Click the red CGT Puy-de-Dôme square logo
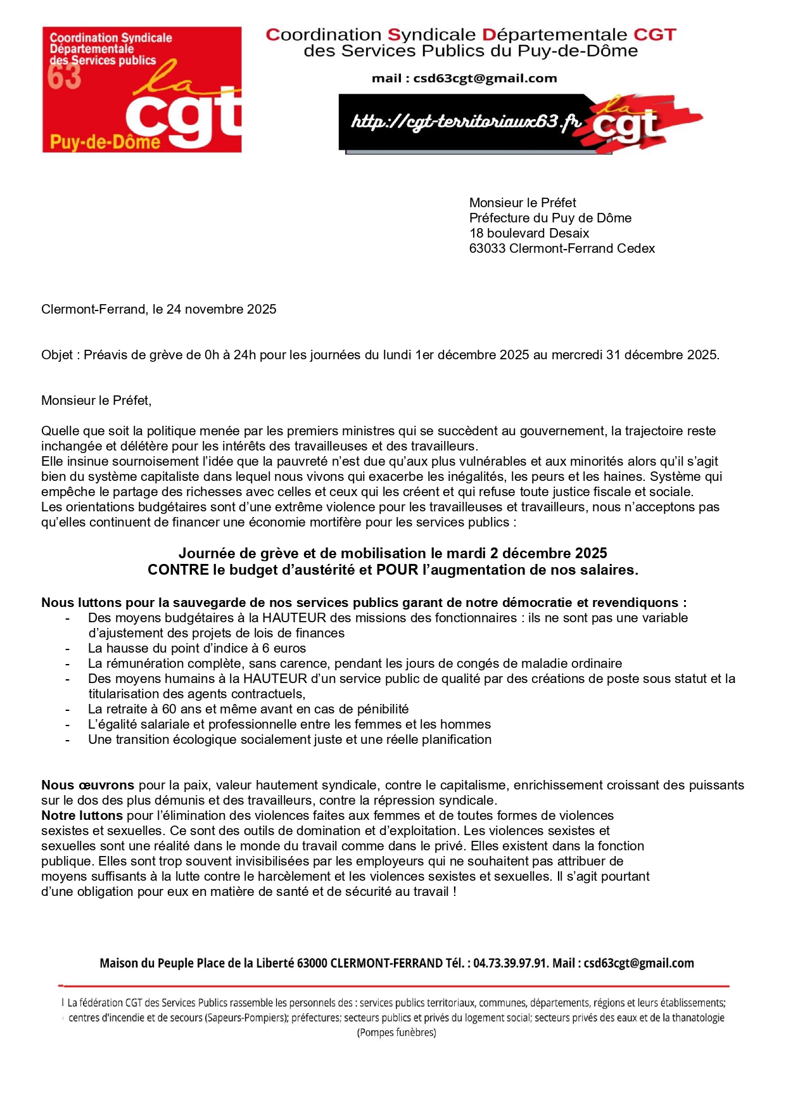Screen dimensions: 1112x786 click(x=142, y=89)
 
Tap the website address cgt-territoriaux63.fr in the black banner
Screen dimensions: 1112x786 click(x=466, y=120)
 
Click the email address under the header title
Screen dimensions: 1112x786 click(x=485, y=79)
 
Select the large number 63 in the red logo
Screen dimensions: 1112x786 click(x=65, y=77)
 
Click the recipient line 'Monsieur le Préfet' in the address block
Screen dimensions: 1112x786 click(x=523, y=203)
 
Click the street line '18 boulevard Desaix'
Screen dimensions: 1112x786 click(x=529, y=233)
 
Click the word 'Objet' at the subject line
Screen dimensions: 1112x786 click(x=57, y=355)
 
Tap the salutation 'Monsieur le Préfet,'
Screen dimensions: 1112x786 click(x=96, y=400)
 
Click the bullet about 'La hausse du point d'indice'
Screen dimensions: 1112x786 click(x=197, y=648)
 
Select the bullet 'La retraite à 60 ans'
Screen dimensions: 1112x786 click(x=248, y=709)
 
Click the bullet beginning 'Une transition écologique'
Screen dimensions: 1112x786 click(x=289, y=739)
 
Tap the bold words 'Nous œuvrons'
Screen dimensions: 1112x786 click(x=87, y=785)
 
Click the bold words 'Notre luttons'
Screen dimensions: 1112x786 click(x=82, y=815)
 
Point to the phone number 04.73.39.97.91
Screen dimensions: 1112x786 click(x=509, y=963)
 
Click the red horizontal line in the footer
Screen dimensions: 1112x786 click(x=393, y=986)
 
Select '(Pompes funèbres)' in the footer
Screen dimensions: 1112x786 click(x=396, y=1033)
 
